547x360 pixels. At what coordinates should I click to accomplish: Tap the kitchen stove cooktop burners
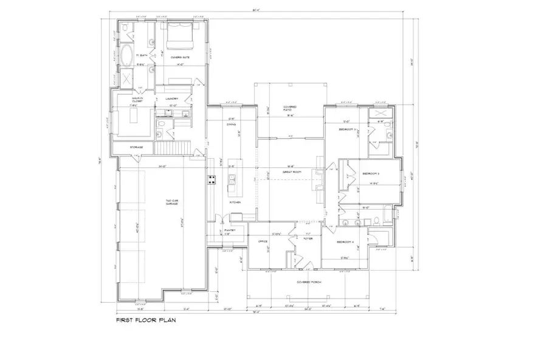(212, 179)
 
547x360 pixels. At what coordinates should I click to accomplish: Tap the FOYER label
(308, 238)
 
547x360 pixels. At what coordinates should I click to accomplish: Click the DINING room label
(231, 125)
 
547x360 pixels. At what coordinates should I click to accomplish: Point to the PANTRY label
(230, 230)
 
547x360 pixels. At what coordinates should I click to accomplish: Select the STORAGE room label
(136, 147)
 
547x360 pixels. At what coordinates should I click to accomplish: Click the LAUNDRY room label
(172, 98)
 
